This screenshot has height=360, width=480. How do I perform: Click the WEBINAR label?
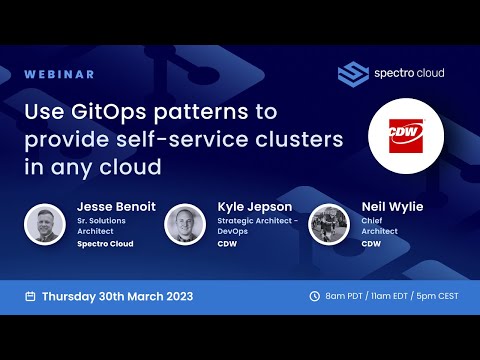[60, 74]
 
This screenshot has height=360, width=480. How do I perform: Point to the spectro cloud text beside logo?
[410, 73]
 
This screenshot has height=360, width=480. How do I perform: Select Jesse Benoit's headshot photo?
[46, 225]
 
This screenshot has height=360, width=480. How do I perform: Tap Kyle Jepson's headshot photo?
[185, 225]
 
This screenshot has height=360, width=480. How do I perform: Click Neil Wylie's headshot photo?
[329, 225]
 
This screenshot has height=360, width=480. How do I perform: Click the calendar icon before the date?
[30, 296]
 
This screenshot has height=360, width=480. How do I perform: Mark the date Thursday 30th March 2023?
[117, 296]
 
